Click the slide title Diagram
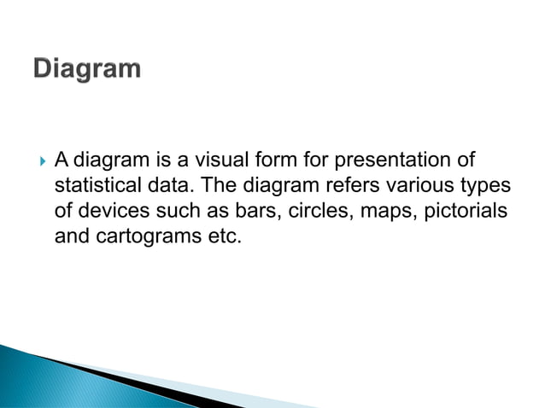tap(88, 69)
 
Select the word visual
tap(226, 160)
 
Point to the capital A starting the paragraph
tap(62, 160)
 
